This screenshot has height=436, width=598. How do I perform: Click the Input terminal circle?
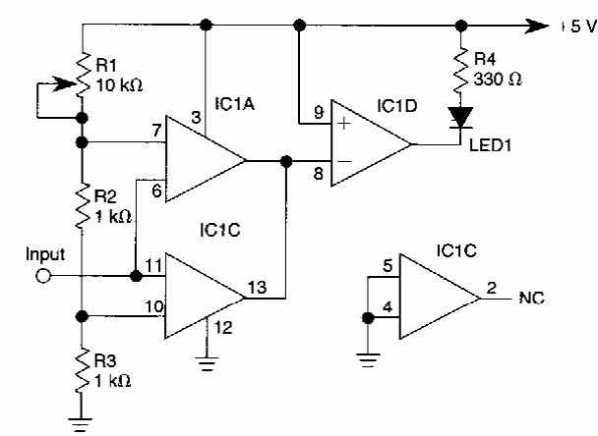pyautogui.click(x=41, y=276)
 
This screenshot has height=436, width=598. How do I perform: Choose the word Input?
pyautogui.click(x=44, y=254)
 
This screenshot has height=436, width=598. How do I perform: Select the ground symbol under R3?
pyautogui.click(x=83, y=424)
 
